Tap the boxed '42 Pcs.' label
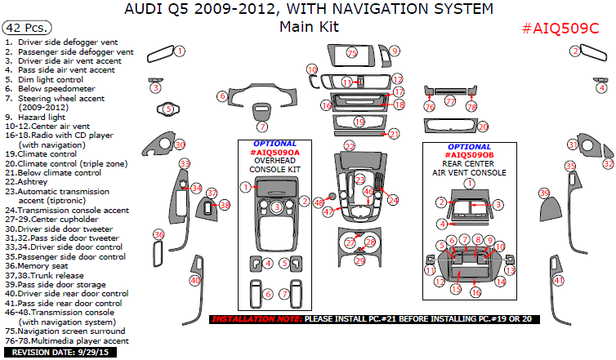tap(24, 27)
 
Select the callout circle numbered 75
tap(352, 53)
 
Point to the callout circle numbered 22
tap(350, 146)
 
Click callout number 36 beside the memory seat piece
tap(158, 235)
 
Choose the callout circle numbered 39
tap(544, 193)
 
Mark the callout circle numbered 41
tap(559, 281)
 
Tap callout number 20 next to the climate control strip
tap(482, 127)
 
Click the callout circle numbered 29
tap(359, 260)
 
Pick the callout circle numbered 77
tap(450, 101)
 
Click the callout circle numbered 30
tap(180, 144)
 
